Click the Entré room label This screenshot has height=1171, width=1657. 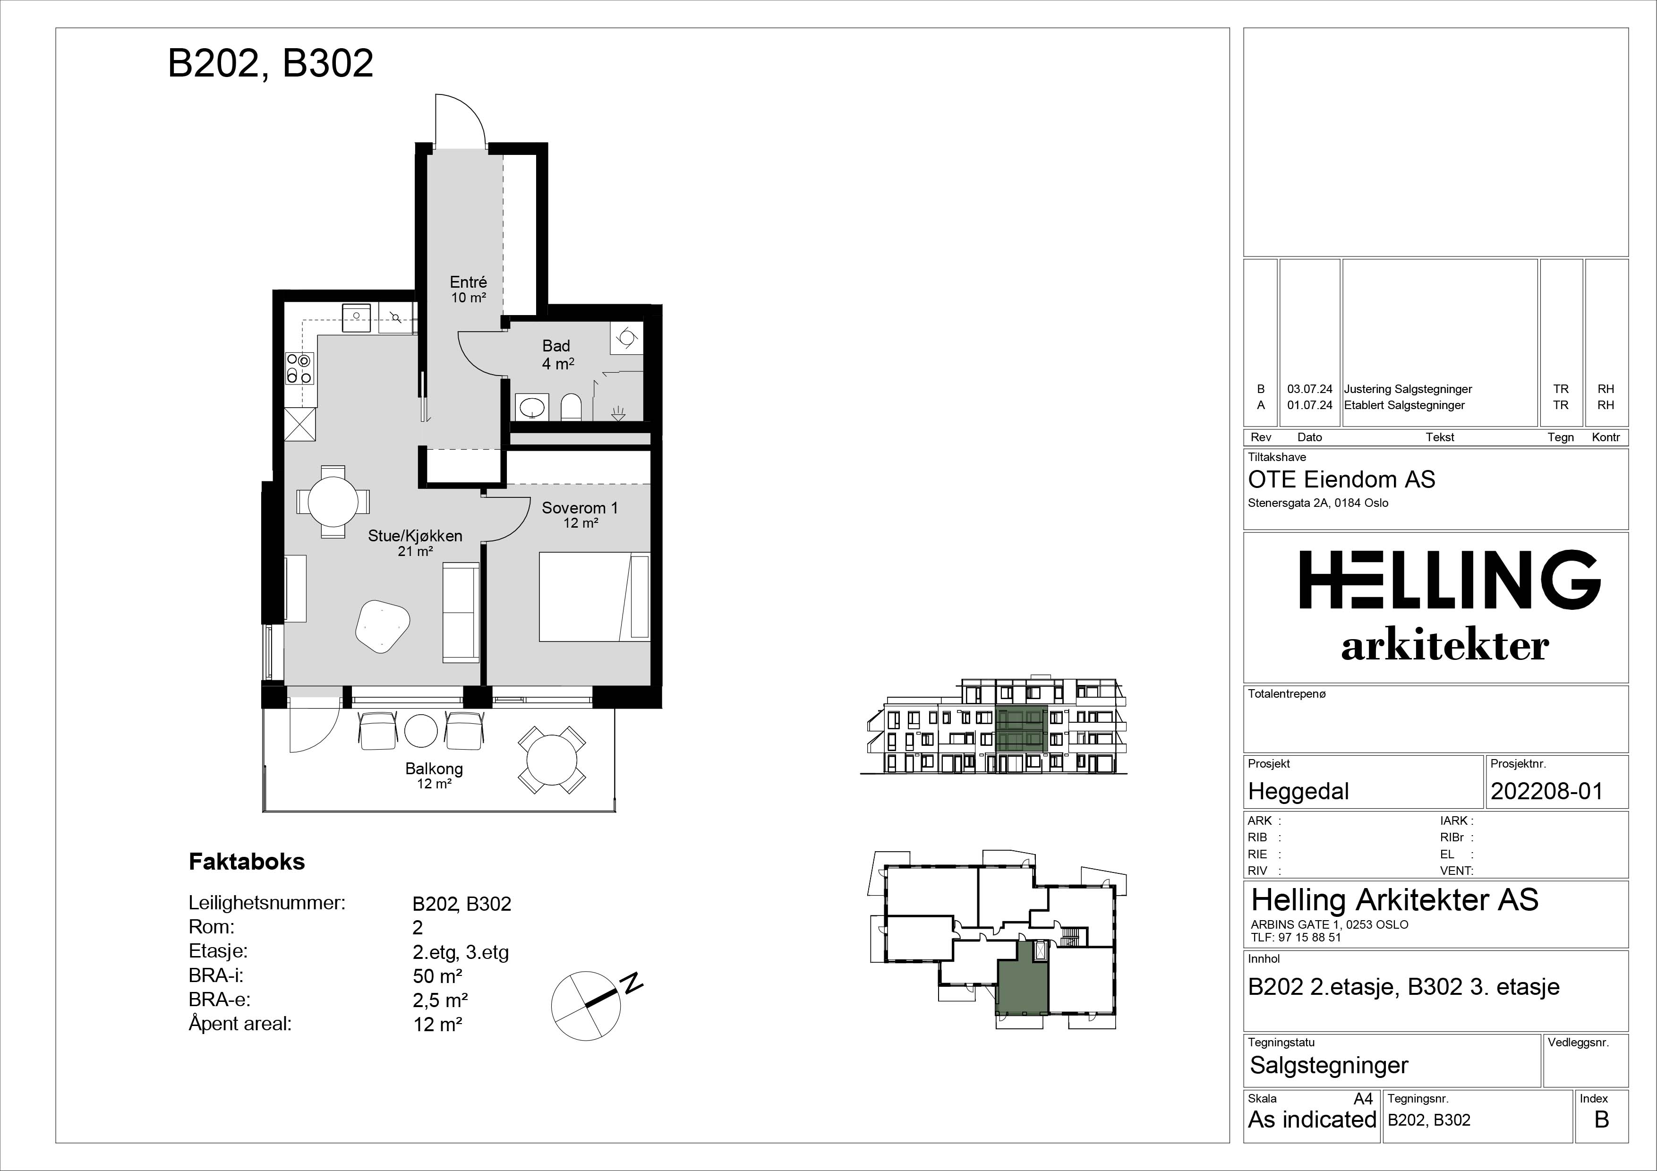[469, 282]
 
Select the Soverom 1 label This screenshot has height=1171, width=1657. [580, 508]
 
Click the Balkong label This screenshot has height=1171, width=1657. [434, 769]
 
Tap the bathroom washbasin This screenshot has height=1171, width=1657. [533, 407]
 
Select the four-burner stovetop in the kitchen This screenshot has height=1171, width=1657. [299, 368]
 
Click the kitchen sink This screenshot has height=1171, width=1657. [356, 317]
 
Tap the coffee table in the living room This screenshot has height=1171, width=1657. [383, 625]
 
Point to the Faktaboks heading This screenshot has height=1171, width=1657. [247, 862]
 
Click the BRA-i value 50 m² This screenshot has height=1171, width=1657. [437, 976]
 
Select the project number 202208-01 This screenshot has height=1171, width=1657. [1546, 792]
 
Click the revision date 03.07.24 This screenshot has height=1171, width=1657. [1310, 389]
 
